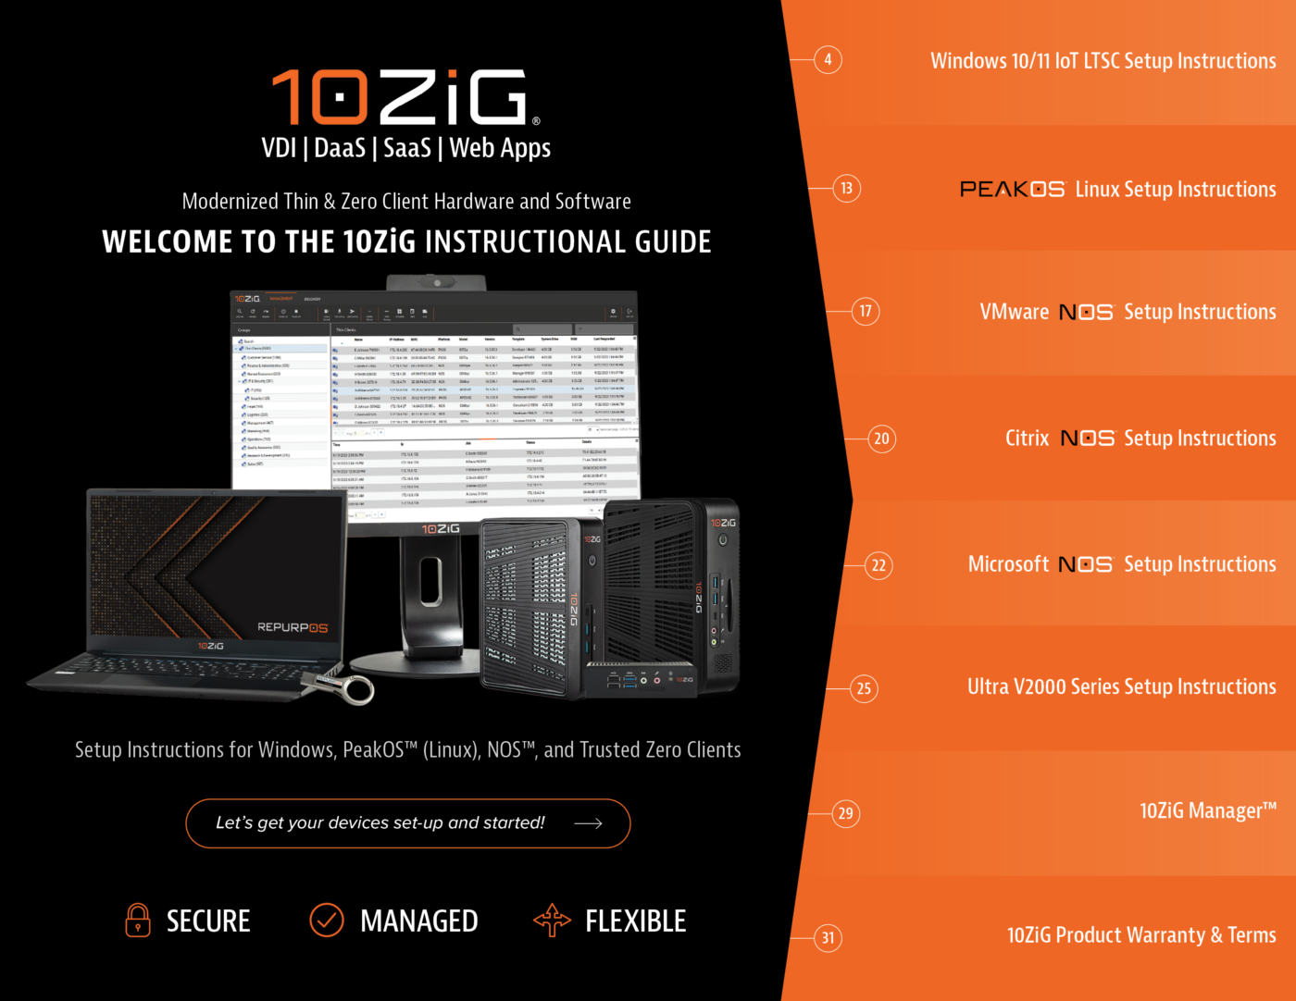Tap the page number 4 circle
(x=828, y=60)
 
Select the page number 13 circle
(x=846, y=189)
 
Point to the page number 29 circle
(x=845, y=813)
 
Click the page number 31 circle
(x=828, y=938)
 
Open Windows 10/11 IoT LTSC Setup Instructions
(x=1103, y=61)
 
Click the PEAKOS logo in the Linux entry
(x=1012, y=190)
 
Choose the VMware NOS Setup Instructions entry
(x=1128, y=313)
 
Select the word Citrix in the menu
(x=1027, y=439)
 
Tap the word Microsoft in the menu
(x=1008, y=564)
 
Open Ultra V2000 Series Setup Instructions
(x=1121, y=687)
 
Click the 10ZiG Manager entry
(x=1207, y=811)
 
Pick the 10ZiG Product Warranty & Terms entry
(x=1140, y=935)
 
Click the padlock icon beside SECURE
(x=138, y=921)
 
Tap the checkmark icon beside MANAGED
(x=326, y=921)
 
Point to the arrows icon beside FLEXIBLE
(x=552, y=921)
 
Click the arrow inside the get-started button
(x=588, y=823)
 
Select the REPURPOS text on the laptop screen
(x=292, y=627)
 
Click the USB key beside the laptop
(x=343, y=686)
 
